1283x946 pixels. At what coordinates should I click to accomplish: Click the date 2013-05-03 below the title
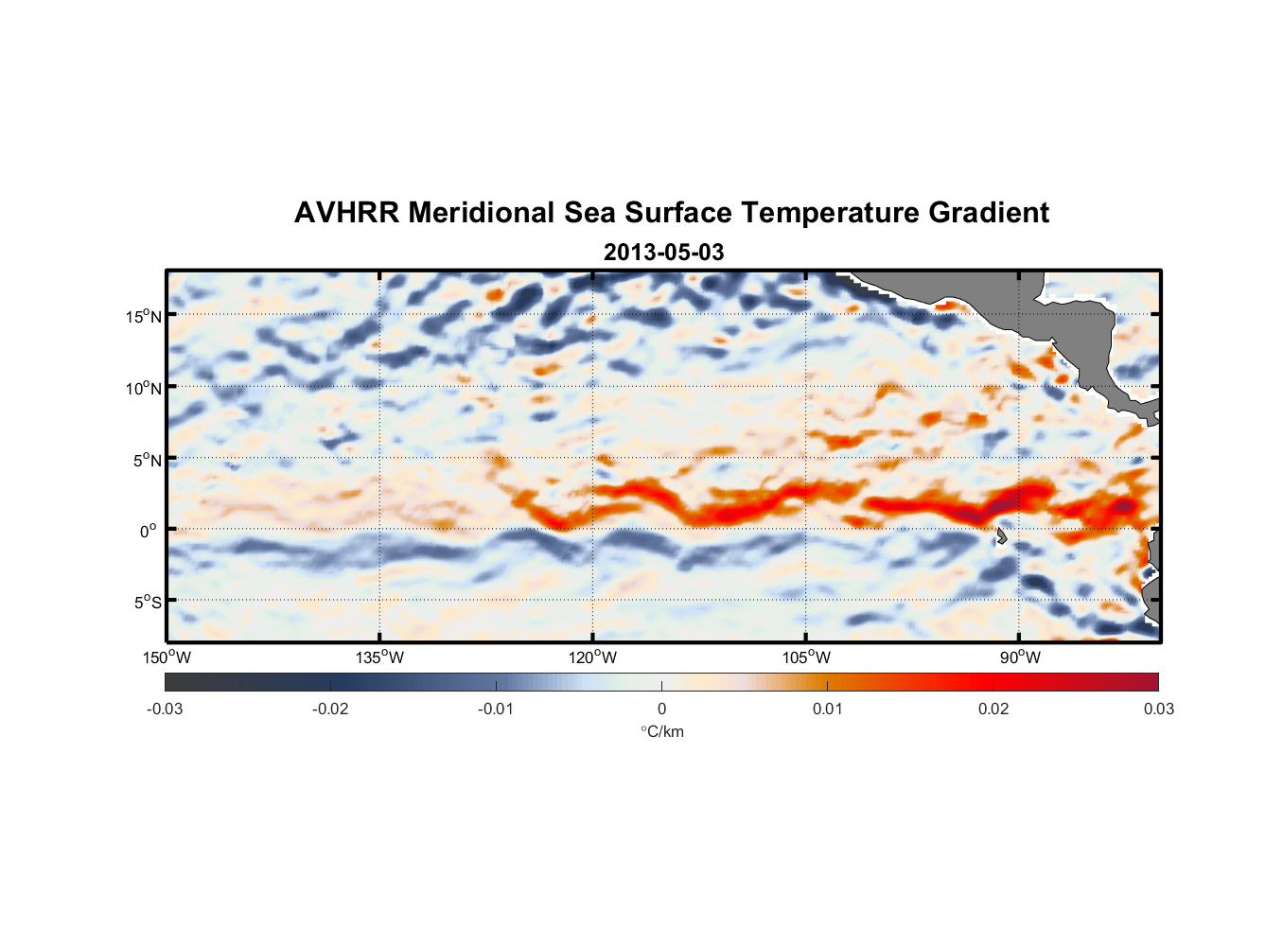coord(663,253)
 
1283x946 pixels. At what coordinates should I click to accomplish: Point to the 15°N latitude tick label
coord(144,316)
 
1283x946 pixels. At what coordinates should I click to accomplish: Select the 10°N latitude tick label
coord(144,388)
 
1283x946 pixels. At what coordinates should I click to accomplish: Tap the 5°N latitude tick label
coord(147,460)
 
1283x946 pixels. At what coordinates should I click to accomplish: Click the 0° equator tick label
coord(148,531)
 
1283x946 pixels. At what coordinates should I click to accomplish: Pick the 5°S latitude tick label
coord(147,602)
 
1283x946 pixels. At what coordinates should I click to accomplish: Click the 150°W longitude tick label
coord(167,657)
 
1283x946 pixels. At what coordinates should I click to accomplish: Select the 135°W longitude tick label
coord(380,657)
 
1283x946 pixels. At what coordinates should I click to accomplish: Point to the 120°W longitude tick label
coord(593,657)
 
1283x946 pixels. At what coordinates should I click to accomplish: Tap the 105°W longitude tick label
coord(806,657)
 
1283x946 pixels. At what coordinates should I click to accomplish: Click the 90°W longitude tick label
coord(1019,657)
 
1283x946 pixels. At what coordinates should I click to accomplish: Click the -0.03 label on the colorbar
coord(165,709)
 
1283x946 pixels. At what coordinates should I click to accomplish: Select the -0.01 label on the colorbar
coord(496,709)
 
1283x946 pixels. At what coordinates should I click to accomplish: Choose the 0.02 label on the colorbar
coord(993,709)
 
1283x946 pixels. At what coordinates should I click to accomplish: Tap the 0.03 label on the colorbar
coord(1158,709)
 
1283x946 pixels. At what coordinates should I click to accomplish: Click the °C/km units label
coord(662,731)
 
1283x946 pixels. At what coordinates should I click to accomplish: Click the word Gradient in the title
coord(989,213)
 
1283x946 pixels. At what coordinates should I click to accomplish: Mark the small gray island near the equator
coord(1001,536)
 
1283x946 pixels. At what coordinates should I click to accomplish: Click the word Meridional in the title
coord(482,213)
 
